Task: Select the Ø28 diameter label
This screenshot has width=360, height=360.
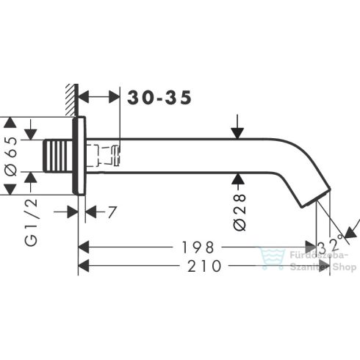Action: (x=239, y=212)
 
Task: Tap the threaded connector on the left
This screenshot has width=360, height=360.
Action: (x=58, y=156)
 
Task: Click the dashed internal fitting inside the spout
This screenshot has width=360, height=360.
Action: (x=106, y=156)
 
